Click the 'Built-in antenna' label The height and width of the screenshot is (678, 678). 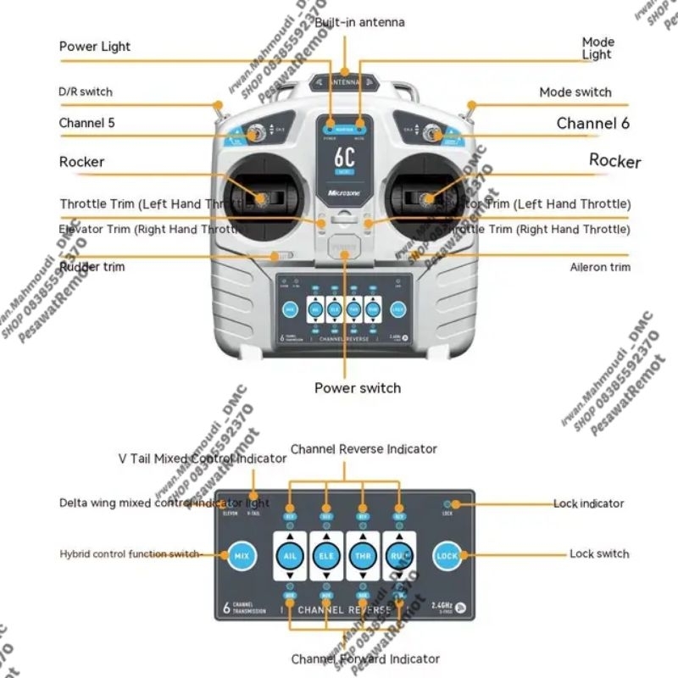(359, 22)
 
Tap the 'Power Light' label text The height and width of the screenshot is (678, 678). (95, 47)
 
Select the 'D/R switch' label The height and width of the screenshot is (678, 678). (85, 92)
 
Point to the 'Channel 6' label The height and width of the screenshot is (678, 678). (592, 124)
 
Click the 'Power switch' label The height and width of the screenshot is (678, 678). (357, 388)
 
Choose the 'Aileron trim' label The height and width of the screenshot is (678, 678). (599, 267)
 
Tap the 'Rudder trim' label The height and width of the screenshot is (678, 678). (92, 267)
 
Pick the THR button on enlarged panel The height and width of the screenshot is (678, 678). (363, 556)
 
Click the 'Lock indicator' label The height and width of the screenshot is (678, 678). (588, 503)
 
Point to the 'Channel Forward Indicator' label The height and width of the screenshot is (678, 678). (365, 659)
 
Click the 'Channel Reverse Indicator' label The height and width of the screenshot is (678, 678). (364, 448)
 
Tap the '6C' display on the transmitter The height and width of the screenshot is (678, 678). (344, 158)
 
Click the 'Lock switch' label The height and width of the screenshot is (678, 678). (599, 554)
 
